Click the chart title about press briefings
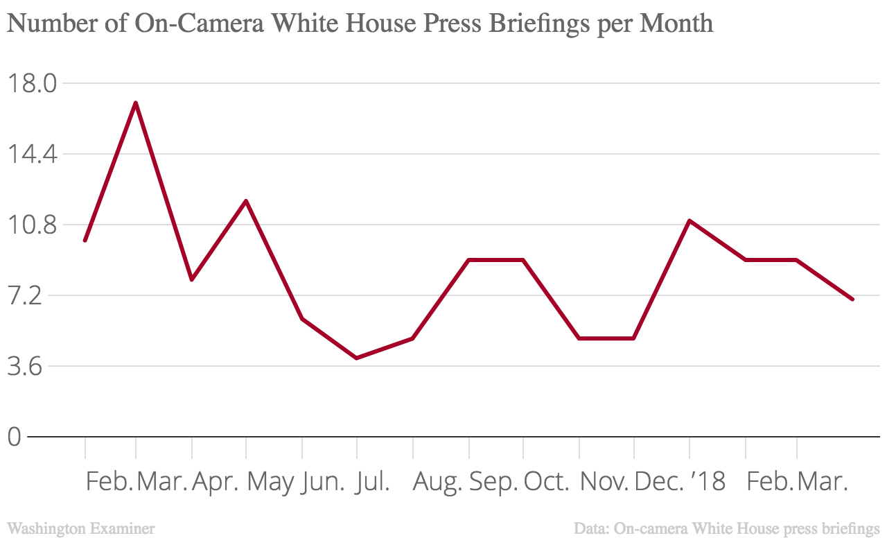pyautogui.click(x=360, y=24)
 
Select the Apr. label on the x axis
pyautogui.click(x=216, y=481)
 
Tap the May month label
pyautogui.click(x=270, y=481)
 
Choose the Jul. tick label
pyautogui.click(x=372, y=481)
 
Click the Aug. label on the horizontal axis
pyautogui.click(x=437, y=481)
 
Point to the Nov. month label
pyautogui.click(x=604, y=481)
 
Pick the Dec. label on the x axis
pyautogui.click(x=659, y=481)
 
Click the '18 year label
pyautogui.click(x=707, y=481)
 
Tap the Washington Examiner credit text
pyautogui.click(x=81, y=528)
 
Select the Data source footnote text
pyautogui.click(x=726, y=528)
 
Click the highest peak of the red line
pyautogui.click(x=136, y=103)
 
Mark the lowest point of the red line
pyautogui.click(x=357, y=358)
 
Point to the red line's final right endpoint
pyautogui.click(x=852, y=299)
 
